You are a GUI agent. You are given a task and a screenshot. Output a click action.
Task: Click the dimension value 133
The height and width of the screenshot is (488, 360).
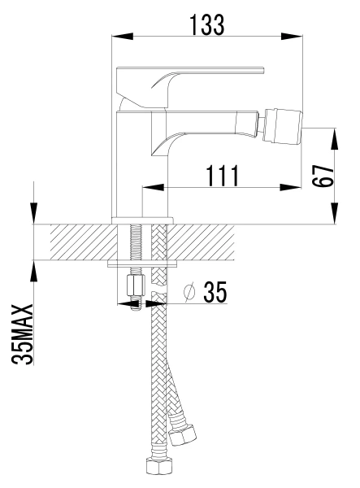[x=206, y=24]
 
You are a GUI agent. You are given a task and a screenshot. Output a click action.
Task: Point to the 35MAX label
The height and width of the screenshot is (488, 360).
[x=23, y=334]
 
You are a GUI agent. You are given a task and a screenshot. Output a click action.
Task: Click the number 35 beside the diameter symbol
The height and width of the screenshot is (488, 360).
[x=215, y=292]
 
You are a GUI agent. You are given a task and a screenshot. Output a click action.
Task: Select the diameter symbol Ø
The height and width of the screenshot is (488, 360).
[x=189, y=292]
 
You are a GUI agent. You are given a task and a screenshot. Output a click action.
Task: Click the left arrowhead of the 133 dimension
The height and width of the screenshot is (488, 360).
[x=122, y=37]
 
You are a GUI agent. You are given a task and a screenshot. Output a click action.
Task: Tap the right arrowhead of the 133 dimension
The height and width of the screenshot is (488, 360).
[x=292, y=37]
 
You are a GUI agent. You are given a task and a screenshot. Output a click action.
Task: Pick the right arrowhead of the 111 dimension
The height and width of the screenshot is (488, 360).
[x=290, y=187]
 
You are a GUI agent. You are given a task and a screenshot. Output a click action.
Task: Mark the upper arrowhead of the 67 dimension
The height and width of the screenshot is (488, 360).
[x=335, y=138]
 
